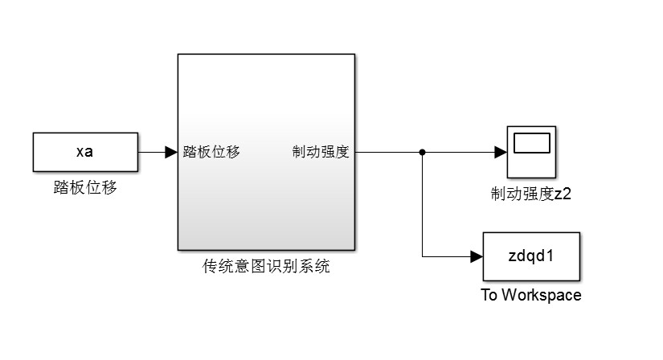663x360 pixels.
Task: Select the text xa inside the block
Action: tap(84, 152)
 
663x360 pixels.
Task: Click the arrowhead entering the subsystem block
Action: tap(171, 152)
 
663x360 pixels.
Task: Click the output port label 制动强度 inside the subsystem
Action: tap(321, 152)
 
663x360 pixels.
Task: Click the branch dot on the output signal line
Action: tap(422, 152)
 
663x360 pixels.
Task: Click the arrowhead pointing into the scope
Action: tap(499, 152)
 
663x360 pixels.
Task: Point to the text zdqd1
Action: tap(532, 256)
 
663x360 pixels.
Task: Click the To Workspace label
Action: tap(530, 295)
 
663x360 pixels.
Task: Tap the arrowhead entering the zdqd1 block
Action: tap(476, 256)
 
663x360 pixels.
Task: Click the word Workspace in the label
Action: tap(541, 295)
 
